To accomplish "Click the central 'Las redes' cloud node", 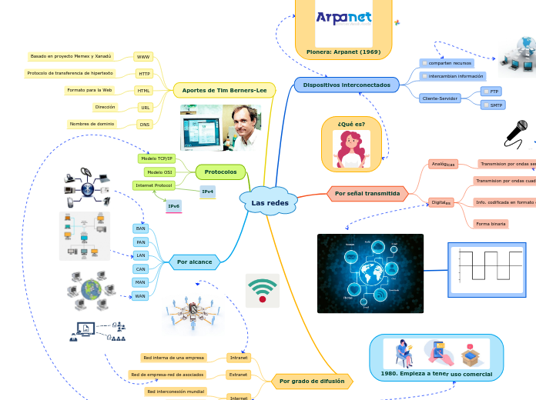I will (270, 202).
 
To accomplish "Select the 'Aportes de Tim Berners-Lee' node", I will (224, 90).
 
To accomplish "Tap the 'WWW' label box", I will (143, 57).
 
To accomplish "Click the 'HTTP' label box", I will (144, 74).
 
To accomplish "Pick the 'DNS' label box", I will (144, 124).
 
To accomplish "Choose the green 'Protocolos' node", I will (221, 172).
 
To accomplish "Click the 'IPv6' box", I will (174, 206).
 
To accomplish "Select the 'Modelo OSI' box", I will (159, 172).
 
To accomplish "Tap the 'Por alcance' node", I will (194, 262).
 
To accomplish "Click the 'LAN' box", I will (140, 255).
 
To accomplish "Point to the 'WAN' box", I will (140, 295).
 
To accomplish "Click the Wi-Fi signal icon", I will (263, 290).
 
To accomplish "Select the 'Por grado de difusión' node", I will (312, 381).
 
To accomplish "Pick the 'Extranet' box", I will (238, 375).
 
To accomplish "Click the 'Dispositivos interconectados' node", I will (347, 85).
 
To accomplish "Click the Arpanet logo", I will (343, 18).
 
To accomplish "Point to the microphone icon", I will (516, 132).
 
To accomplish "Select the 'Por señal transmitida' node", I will (367, 194).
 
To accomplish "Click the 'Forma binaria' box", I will (491, 224).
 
